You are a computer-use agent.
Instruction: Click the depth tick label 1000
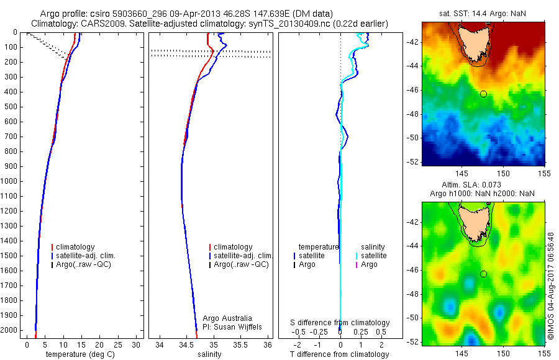(10, 181)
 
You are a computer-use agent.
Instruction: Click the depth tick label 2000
(10, 330)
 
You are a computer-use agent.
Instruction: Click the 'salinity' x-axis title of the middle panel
(208, 354)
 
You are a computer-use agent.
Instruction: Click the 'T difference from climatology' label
(339, 354)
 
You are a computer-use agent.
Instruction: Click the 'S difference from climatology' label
(340, 323)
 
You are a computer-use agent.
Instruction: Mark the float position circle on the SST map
(483, 94)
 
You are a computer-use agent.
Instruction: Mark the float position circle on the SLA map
(483, 274)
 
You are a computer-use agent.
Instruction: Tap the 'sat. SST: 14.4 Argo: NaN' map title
(484, 12)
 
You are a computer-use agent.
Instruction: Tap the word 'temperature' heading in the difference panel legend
(319, 247)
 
